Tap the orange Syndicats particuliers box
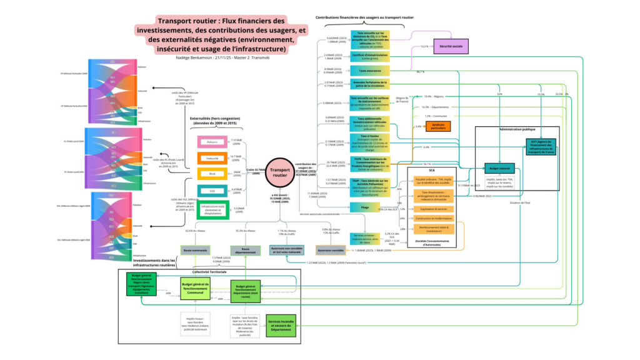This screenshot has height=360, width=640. tap(438, 127)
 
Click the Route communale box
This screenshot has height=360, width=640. tap(196, 250)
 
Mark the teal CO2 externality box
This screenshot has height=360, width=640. tap(211, 191)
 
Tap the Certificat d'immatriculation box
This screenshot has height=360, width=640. tap(369, 56)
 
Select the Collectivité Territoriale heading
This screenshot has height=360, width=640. tap(209, 272)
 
